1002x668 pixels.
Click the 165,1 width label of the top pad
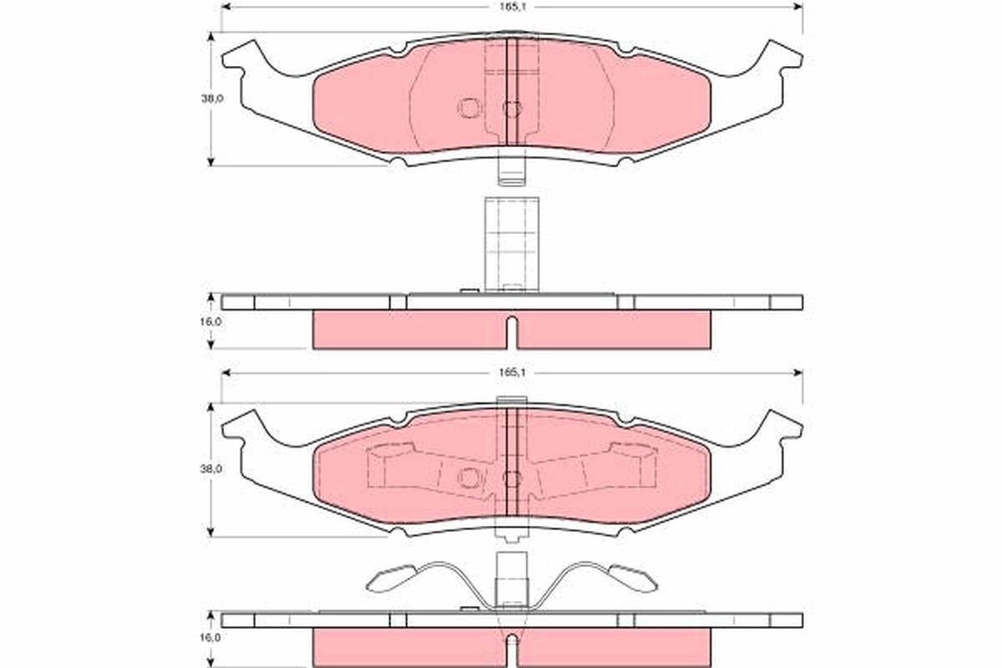point(513,8)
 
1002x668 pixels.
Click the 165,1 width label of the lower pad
point(513,372)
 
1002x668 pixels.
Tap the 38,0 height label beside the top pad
point(211,99)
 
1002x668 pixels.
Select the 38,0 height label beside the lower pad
point(210,469)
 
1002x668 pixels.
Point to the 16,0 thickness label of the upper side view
point(211,321)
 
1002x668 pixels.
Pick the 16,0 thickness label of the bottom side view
point(210,638)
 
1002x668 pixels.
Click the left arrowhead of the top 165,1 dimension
point(226,7)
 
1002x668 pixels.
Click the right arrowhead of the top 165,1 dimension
point(797,7)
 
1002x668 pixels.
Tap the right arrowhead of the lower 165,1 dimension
point(797,372)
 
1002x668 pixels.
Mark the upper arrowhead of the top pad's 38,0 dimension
point(211,37)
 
